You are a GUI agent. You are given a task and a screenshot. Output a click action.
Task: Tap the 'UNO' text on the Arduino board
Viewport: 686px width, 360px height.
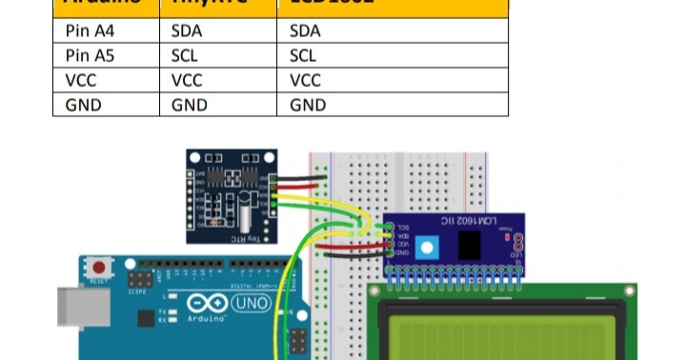tap(249, 304)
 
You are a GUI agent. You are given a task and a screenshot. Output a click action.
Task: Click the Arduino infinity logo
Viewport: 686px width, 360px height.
tap(207, 305)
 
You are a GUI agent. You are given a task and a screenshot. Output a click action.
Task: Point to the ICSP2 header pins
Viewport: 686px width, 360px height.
tap(140, 280)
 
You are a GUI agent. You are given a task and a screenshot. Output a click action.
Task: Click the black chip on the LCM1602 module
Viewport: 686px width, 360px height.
tap(469, 246)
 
